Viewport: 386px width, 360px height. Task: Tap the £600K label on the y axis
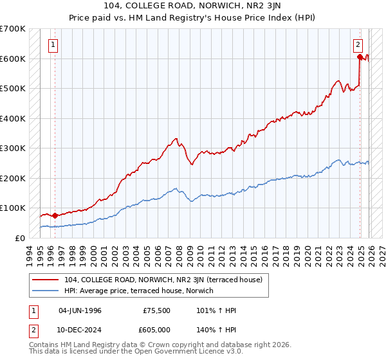pyautogui.click(x=12, y=59)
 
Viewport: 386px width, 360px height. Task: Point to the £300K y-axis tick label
pyautogui.click(x=12, y=148)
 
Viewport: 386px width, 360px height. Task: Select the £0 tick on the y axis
pyautogui.click(x=21, y=238)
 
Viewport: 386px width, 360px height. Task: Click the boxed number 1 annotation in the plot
pyautogui.click(x=52, y=45)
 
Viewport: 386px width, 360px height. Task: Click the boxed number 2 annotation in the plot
pyautogui.click(x=358, y=45)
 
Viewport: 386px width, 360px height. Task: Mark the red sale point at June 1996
pyautogui.click(x=55, y=215)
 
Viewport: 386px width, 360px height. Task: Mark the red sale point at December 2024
pyautogui.click(x=360, y=57)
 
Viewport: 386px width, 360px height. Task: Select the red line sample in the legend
pyautogui.click(x=46, y=280)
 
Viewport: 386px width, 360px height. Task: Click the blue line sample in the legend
pyautogui.click(x=46, y=291)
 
